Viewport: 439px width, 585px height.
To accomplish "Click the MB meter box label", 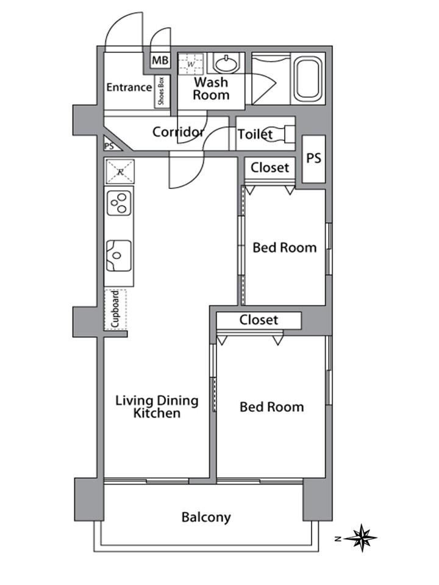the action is pyautogui.click(x=160, y=60).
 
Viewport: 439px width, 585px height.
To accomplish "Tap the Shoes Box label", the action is pyautogui.click(x=161, y=91).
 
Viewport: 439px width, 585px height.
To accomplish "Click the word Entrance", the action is pyautogui.click(x=129, y=87).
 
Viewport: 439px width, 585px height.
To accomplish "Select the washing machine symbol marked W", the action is pyautogui.click(x=191, y=64).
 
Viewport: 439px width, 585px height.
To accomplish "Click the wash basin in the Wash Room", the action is pyautogui.click(x=226, y=64).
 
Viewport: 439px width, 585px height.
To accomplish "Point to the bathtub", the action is pyautogui.click(x=308, y=79).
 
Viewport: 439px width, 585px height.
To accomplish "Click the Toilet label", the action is pyautogui.click(x=255, y=134).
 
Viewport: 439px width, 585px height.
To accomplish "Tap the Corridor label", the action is pyautogui.click(x=179, y=132).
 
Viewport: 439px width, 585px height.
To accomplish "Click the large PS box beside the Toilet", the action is pyautogui.click(x=313, y=158).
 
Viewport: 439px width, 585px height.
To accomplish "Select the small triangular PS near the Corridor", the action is pyautogui.click(x=110, y=145).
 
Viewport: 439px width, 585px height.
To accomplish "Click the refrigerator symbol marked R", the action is pyautogui.click(x=120, y=172).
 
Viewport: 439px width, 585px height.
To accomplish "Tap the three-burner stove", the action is pyautogui.click(x=119, y=203).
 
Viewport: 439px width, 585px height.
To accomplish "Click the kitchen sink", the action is pyautogui.click(x=119, y=255).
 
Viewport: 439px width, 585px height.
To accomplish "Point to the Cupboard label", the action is pyautogui.click(x=115, y=310).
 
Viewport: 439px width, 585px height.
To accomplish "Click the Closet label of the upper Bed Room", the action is pyautogui.click(x=269, y=168).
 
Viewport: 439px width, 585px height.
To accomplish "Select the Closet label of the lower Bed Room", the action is pyautogui.click(x=259, y=320).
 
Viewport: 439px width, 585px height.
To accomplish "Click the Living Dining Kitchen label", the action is pyautogui.click(x=157, y=406).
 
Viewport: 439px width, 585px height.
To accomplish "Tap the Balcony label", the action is pyautogui.click(x=206, y=517).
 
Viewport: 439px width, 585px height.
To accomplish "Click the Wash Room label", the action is pyautogui.click(x=211, y=88).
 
